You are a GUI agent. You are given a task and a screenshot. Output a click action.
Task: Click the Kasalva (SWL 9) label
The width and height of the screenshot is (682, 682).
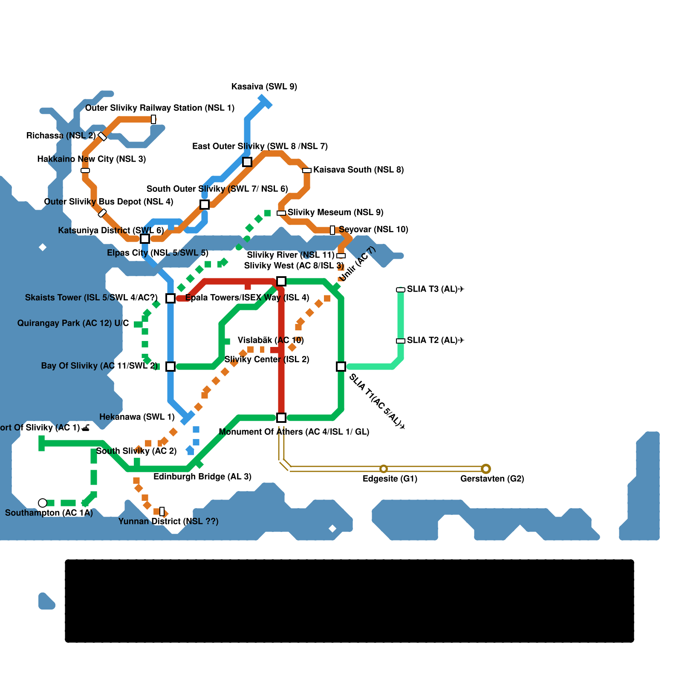tap(264, 87)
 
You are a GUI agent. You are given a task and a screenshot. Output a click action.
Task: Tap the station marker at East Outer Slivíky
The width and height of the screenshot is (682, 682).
tap(247, 162)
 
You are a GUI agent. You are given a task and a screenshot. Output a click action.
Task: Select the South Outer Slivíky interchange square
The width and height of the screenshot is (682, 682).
tap(205, 205)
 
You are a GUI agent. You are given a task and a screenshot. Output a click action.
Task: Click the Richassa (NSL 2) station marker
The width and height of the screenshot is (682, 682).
tap(102, 136)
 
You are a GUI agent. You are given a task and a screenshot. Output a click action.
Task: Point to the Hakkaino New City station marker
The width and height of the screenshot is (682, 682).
tap(85, 170)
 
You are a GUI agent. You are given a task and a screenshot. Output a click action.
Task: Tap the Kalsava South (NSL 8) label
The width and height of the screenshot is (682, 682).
tap(358, 170)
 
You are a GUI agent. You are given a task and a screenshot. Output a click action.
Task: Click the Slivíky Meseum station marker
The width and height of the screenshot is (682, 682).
tap(281, 213)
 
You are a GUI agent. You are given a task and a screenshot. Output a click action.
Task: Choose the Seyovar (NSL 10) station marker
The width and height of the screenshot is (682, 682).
tap(332, 230)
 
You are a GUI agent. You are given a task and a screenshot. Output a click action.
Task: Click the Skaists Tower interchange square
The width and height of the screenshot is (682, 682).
tap(170, 298)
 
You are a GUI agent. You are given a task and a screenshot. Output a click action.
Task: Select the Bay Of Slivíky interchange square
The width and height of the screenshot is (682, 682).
tap(170, 367)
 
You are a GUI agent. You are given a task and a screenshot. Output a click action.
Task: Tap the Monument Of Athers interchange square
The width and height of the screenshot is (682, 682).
tap(281, 418)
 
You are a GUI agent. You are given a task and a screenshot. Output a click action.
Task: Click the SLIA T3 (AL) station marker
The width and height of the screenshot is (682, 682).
tap(401, 290)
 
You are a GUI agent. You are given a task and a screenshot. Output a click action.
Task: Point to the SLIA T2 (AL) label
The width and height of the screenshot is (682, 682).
tap(435, 340)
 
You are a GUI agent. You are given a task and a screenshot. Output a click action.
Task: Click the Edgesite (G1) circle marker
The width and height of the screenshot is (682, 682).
tap(384, 469)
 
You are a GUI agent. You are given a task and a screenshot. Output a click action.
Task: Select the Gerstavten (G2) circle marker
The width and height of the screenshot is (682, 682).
tap(486, 469)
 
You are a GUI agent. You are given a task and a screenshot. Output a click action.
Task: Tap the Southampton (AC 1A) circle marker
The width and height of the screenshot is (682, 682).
tap(43, 503)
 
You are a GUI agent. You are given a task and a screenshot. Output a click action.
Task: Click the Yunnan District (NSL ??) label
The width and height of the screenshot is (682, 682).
tap(168, 521)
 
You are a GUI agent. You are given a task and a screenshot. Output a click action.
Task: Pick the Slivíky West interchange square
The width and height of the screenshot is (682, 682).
tap(281, 281)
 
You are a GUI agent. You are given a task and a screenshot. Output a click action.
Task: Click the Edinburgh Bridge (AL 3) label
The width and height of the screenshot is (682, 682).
tap(202, 477)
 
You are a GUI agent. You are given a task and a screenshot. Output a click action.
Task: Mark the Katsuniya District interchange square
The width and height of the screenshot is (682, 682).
tap(145, 239)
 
